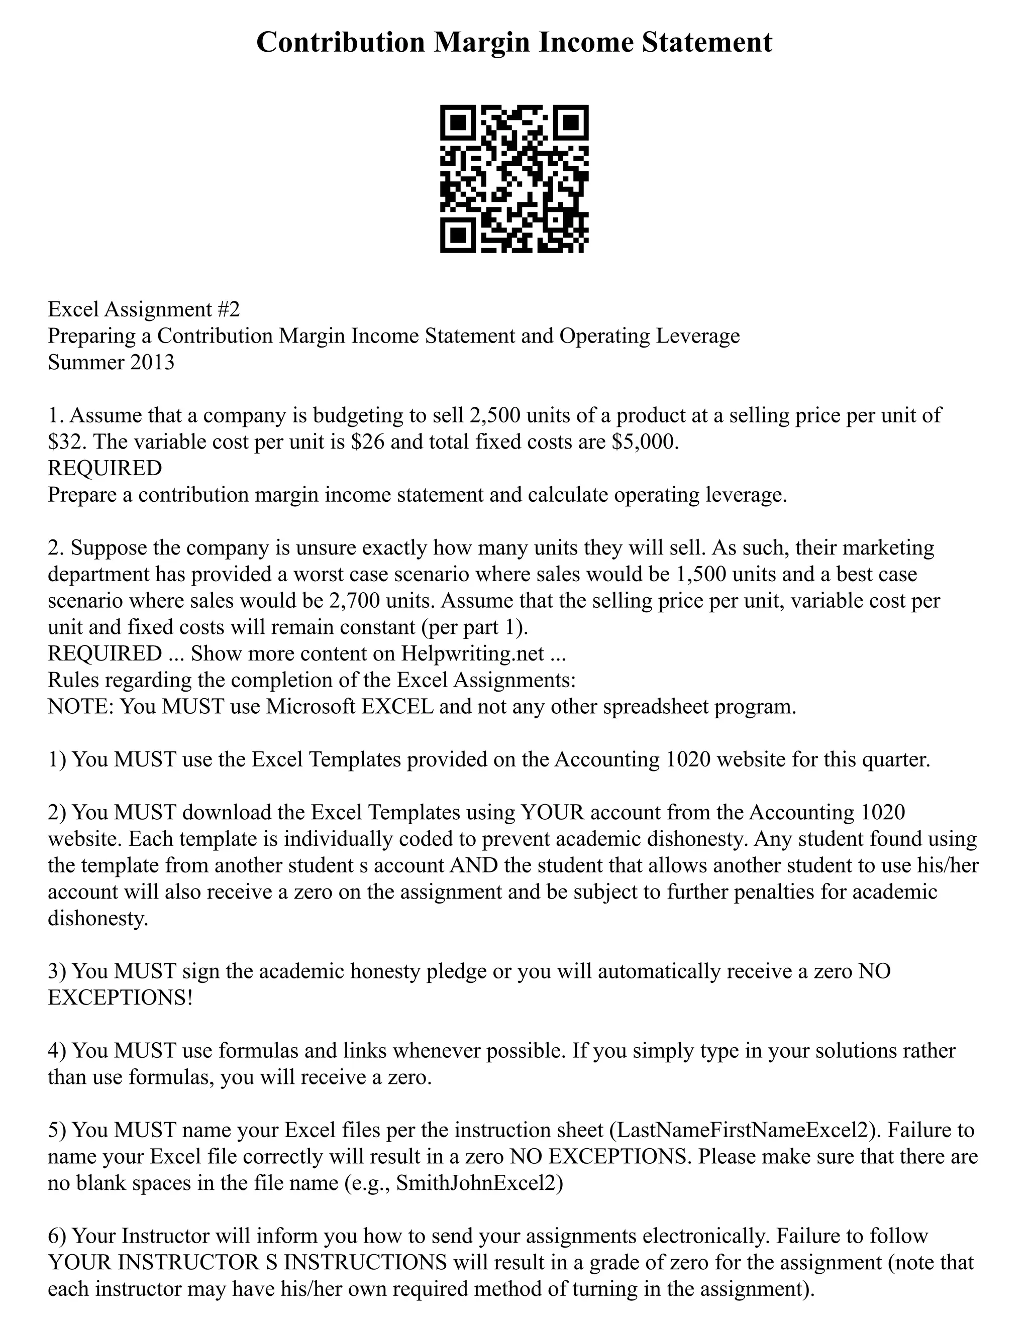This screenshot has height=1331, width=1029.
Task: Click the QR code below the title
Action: click(x=514, y=179)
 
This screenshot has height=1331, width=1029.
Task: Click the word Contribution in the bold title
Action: click(x=340, y=43)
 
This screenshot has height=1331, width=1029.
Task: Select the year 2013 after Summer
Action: click(x=152, y=362)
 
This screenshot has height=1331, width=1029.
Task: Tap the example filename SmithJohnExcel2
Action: click(x=476, y=1183)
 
